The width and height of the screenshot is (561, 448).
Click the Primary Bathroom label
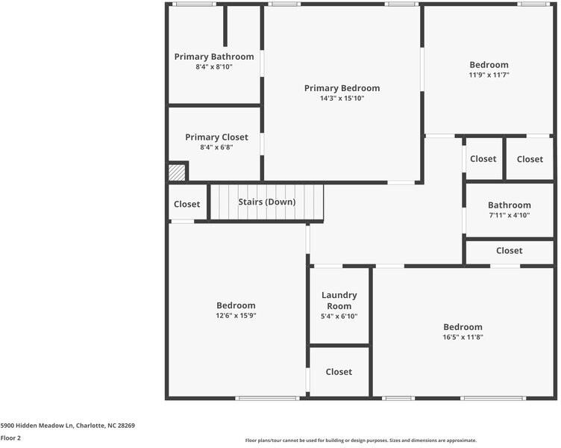tap(214, 57)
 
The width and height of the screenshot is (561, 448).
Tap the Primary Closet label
tap(216, 137)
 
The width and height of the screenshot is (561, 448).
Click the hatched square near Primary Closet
tap(177, 172)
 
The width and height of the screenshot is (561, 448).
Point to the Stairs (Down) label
tap(266, 202)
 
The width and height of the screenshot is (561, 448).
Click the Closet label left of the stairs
tap(187, 205)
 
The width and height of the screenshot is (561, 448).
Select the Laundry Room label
tap(339, 300)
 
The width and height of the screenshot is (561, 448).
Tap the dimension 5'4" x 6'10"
tap(339, 317)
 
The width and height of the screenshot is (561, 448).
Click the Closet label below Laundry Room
tap(339, 372)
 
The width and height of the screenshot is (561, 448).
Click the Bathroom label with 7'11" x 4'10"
tap(510, 205)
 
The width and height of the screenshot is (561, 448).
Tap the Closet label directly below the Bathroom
tap(510, 251)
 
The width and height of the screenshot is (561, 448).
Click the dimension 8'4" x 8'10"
tap(214, 67)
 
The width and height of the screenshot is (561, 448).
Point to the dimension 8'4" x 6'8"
tap(216, 148)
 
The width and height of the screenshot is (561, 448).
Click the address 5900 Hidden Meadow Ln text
tap(67, 426)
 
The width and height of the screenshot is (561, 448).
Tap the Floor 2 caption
tap(10, 438)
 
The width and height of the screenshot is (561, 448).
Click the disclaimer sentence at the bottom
tap(361, 441)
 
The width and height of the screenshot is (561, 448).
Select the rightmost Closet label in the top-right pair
tap(530, 159)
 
